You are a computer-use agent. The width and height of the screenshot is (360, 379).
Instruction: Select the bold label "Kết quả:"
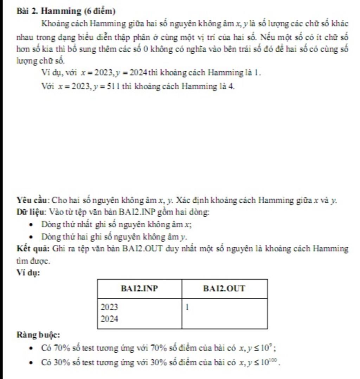[33, 249]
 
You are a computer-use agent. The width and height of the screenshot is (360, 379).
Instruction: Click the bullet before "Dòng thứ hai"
[32, 237]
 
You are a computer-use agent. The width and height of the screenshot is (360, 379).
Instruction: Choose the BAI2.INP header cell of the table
[139, 289]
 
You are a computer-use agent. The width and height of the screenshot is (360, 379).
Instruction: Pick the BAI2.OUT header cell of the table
[224, 289]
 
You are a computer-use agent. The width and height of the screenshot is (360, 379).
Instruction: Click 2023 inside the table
[109, 307]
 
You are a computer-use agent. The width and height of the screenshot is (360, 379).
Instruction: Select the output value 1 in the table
[187, 307]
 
